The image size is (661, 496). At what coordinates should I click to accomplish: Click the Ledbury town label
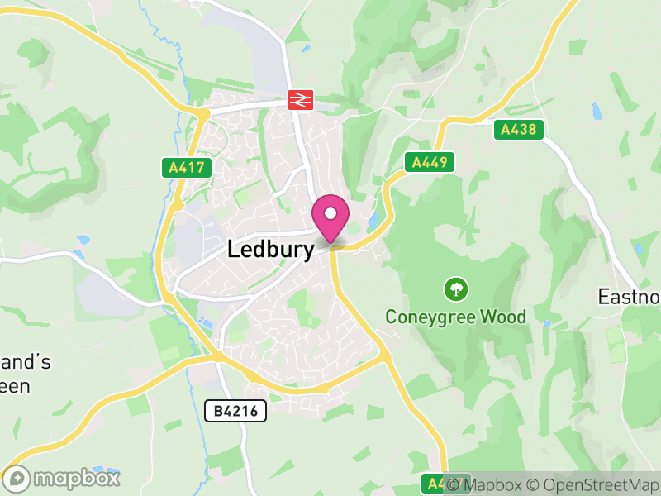pyautogui.click(x=270, y=250)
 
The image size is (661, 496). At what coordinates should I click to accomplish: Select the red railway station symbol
pyautogui.click(x=299, y=100)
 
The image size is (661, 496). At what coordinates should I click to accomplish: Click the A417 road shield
pyautogui.click(x=186, y=168)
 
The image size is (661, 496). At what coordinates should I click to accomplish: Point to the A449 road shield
pyautogui.click(x=430, y=162)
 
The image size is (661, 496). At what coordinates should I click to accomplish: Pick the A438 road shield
pyautogui.click(x=519, y=130)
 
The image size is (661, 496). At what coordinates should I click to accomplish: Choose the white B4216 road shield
pyautogui.click(x=235, y=410)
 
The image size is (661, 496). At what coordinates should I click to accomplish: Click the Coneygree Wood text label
pyautogui.click(x=455, y=317)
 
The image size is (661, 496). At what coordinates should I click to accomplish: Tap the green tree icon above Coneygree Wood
pyautogui.click(x=455, y=289)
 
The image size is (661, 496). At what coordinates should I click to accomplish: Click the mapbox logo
pyautogui.click(x=63, y=478)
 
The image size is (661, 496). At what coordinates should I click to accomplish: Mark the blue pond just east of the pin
pyautogui.click(x=373, y=221)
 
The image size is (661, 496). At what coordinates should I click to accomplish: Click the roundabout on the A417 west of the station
pyautogui.click(x=202, y=112)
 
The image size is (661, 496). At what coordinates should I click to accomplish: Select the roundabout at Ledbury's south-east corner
pyautogui.click(x=384, y=355)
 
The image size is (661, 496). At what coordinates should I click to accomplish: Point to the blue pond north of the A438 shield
pyautogui.click(x=597, y=108)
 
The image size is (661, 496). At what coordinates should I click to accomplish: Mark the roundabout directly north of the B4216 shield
pyautogui.click(x=217, y=355)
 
